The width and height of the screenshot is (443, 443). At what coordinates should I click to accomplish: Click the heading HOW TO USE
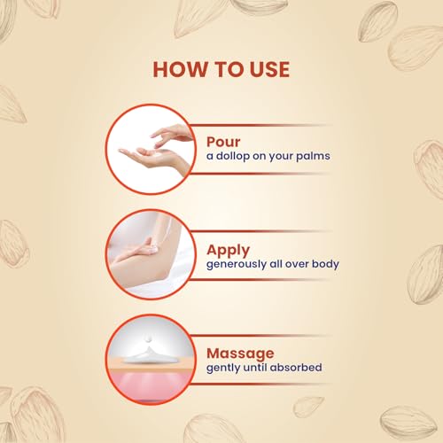pos(221,69)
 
